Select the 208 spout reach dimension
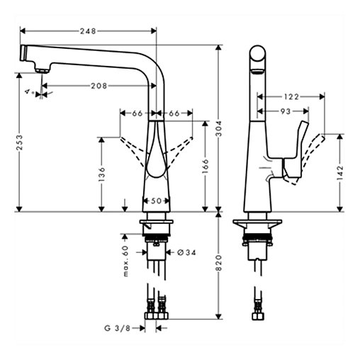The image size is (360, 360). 99,86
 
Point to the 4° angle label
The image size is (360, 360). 28,92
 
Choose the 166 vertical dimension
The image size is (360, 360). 206,164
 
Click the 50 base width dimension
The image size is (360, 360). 157,201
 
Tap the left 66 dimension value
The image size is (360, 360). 137,112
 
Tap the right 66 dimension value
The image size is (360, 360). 174,112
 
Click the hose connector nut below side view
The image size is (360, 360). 257,311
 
